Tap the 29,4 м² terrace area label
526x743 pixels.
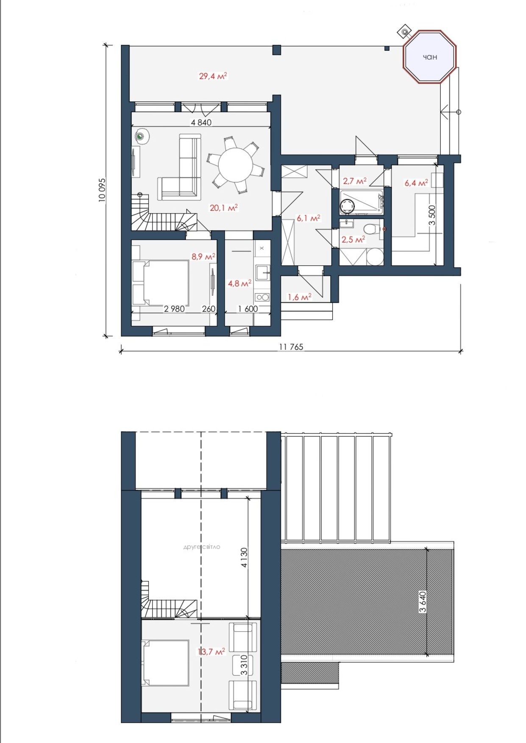[x=213, y=76]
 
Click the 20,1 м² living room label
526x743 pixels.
[x=224, y=208]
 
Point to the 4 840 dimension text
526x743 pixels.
[x=201, y=122]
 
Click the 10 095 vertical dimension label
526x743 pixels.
[x=102, y=190]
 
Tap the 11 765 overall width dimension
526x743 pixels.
[x=291, y=347]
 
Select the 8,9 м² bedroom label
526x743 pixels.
[x=203, y=256]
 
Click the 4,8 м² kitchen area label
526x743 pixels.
[x=240, y=283]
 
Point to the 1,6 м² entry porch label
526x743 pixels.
[x=300, y=297]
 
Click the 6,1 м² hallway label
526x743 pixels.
[x=309, y=218]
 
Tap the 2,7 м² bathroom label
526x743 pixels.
[x=355, y=181]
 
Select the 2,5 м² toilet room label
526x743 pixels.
[x=353, y=239]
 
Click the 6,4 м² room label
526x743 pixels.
[x=416, y=183]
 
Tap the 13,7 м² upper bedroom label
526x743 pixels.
[x=212, y=652]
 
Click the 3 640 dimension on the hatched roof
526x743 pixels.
[x=423, y=602]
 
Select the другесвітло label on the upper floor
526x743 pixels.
[x=202, y=547]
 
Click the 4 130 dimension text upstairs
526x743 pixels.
[x=244, y=557]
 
